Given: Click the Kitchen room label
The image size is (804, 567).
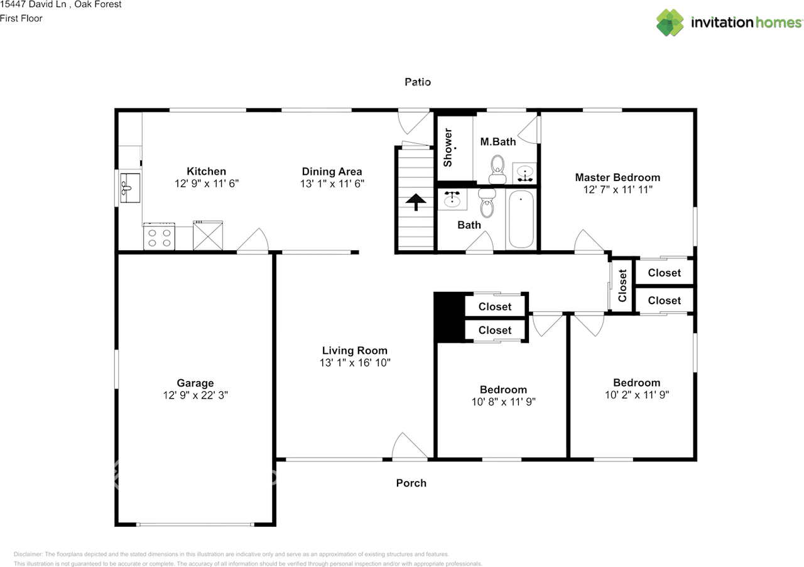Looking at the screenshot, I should tap(206, 171).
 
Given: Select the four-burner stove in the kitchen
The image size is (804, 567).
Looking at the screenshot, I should tap(159, 237).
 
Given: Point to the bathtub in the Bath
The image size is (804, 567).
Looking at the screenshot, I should tap(521, 220).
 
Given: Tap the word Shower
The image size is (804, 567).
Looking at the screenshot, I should tap(448, 148).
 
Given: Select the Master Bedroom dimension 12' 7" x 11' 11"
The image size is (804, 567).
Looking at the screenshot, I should tap(617, 189).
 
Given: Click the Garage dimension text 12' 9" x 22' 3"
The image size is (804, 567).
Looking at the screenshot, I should tap(195, 395).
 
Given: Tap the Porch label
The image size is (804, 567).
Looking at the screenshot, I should tap(411, 483).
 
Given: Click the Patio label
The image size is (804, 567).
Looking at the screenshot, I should tap(418, 82).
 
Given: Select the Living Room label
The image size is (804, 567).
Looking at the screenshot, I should tap(354, 351).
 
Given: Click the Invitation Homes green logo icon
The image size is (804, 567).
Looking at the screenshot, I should tap(670, 23).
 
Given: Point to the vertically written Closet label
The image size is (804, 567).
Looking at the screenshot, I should tap(622, 286).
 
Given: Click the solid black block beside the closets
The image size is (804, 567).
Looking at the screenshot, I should tap(448, 317).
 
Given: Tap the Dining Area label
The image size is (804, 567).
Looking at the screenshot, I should tap(332, 171).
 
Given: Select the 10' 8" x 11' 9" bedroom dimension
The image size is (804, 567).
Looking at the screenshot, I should tap(503, 402).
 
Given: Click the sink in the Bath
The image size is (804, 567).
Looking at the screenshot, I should tap(452, 201).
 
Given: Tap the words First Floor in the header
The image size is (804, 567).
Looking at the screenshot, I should tap(21, 18).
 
